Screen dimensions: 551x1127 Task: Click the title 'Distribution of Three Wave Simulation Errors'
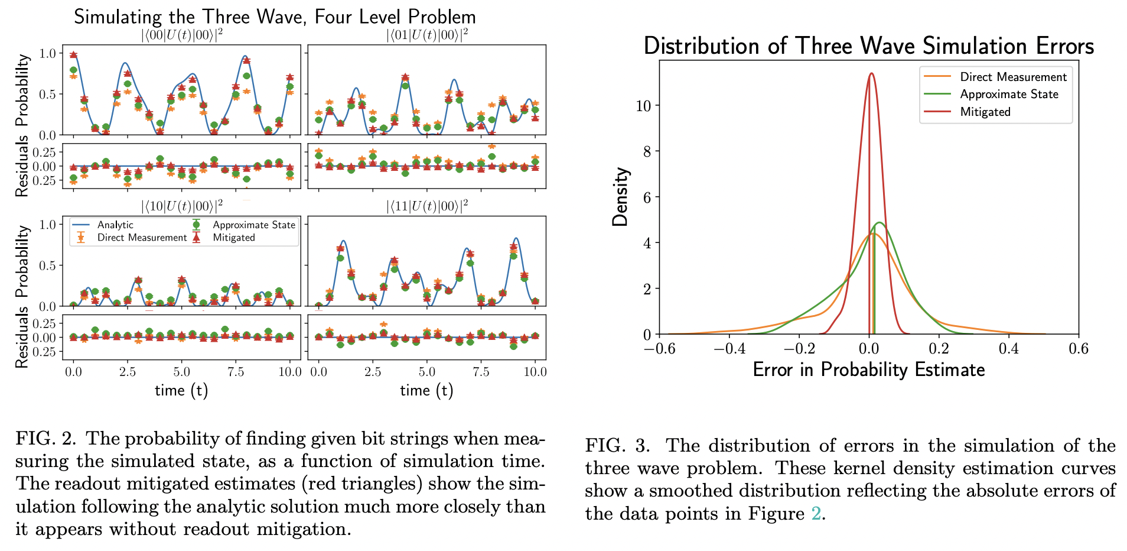coord(868,46)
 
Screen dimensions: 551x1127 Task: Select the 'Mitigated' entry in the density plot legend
coord(985,112)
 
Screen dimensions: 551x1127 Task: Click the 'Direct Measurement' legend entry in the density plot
coord(1013,77)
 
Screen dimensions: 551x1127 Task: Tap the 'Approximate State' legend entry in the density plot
coord(1009,94)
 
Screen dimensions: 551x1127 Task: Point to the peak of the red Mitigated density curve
coord(871,73)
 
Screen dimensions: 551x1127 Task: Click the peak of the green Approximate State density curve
coord(880,223)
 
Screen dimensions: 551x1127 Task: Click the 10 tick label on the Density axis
coord(643,105)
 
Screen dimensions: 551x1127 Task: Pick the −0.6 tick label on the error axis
coord(660,349)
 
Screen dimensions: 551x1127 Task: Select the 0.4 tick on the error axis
coord(1008,349)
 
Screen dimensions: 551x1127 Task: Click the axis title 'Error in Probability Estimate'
coord(868,370)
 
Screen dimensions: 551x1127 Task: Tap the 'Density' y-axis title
coord(620,197)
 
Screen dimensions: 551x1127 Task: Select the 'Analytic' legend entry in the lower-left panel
coord(115,225)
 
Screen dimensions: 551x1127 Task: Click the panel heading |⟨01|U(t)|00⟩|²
coord(426,35)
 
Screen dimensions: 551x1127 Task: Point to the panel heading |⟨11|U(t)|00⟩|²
coord(426,206)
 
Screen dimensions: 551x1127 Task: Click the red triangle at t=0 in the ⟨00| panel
coord(73,54)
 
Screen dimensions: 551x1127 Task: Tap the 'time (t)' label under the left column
coord(181,390)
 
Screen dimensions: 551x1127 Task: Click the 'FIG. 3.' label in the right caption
coord(617,446)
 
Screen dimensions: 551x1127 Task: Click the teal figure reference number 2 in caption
coord(816,514)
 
